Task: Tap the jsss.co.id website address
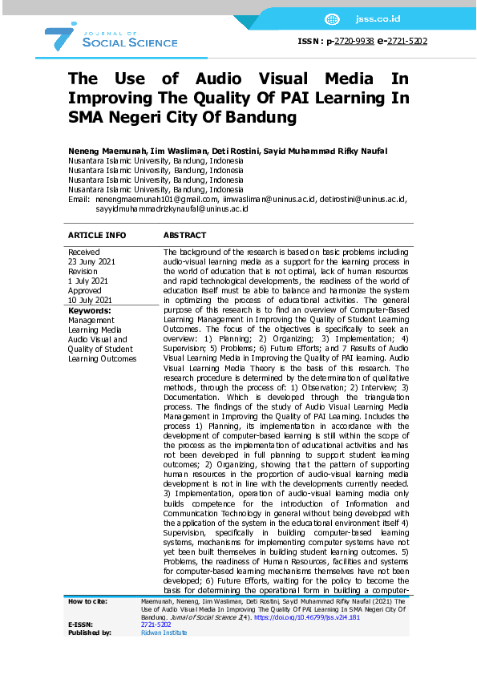coord(382,18)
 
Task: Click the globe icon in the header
coord(333,18)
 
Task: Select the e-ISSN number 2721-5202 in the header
coord(407,42)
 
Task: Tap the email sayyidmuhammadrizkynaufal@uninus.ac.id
coord(171,208)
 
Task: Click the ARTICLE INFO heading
coord(96,236)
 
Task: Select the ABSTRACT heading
coord(184,236)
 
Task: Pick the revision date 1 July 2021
coord(88,281)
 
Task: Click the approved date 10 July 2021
coord(91,301)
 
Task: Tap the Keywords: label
coord(89,310)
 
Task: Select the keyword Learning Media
coord(95,329)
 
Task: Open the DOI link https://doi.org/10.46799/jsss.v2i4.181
coord(302,617)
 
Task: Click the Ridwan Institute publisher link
coord(164,633)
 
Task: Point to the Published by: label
coord(90,633)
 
